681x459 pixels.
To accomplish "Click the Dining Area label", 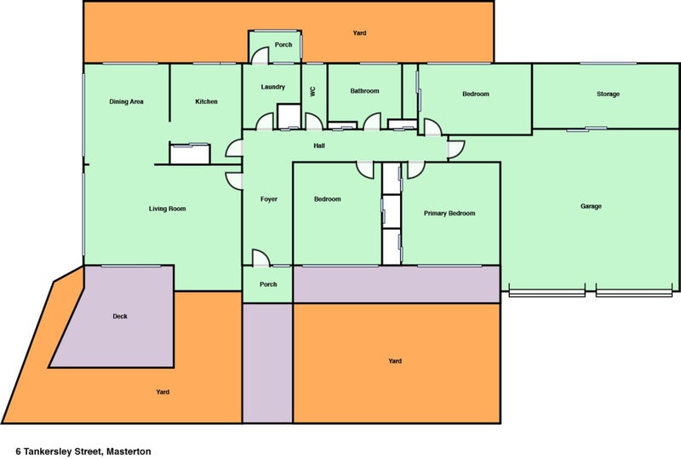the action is click(126, 101).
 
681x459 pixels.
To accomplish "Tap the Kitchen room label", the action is click(206, 101).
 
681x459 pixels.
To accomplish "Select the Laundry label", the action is click(272, 87).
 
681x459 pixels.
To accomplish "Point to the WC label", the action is click(312, 91).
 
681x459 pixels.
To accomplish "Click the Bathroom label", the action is click(365, 91).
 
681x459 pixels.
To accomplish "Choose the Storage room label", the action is click(608, 94).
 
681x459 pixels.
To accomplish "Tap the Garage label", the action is click(591, 206).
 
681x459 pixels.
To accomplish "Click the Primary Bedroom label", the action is click(449, 214).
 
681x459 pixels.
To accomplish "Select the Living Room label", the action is click(167, 209).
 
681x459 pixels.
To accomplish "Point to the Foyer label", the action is click(269, 199).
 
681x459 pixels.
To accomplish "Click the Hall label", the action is click(319, 146).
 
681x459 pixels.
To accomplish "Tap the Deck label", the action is click(120, 317).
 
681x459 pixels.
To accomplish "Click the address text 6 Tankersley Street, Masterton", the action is click(83, 451).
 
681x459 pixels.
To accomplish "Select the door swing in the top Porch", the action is click(260, 55).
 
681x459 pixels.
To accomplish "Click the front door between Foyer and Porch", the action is click(261, 258).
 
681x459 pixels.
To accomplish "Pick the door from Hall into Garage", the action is click(456, 149).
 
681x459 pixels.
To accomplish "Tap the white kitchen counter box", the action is click(190, 153).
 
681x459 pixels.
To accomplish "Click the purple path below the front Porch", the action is click(267, 363).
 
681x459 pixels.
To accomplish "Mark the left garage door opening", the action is click(547, 294).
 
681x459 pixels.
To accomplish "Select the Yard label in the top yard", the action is click(359, 32).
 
